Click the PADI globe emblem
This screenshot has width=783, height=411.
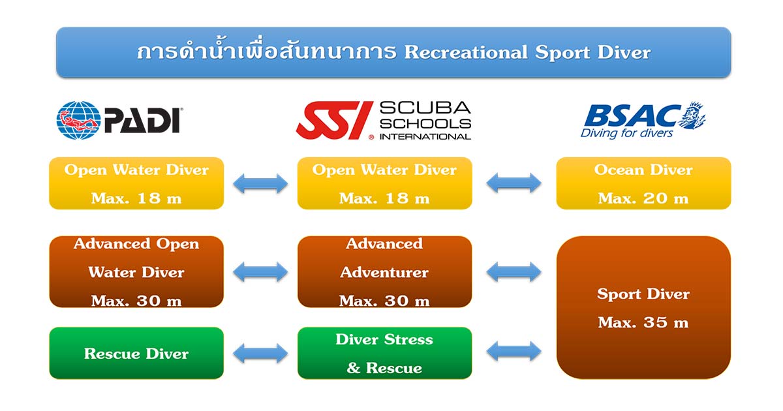click(x=79, y=120)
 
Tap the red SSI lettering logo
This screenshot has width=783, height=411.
click(x=335, y=120)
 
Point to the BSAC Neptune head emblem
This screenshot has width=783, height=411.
click(x=692, y=115)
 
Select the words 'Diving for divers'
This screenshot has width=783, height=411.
click(x=626, y=133)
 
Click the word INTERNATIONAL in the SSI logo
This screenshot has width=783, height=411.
click(x=425, y=136)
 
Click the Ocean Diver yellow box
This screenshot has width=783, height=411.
click(x=643, y=183)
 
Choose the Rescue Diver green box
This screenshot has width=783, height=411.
click(x=136, y=353)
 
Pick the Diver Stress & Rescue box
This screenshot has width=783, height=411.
click(x=384, y=353)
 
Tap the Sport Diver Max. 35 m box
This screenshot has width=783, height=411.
click(x=643, y=307)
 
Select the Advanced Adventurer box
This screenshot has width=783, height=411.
click(x=384, y=272)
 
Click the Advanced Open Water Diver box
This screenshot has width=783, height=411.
click(x=136, y=272)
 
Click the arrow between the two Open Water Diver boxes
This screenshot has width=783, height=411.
click(x=260, y=183)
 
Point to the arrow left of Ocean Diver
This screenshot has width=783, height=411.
click(x=514, y=183)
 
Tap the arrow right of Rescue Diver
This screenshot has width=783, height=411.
click(x=260, y=353)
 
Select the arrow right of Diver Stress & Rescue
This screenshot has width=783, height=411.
click(x=514, y=351)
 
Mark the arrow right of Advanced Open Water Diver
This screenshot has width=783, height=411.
click(x=260, y=272)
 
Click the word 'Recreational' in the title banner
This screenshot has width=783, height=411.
click(x=466, y=52)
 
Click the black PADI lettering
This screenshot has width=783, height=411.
click(x=142, y=121)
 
